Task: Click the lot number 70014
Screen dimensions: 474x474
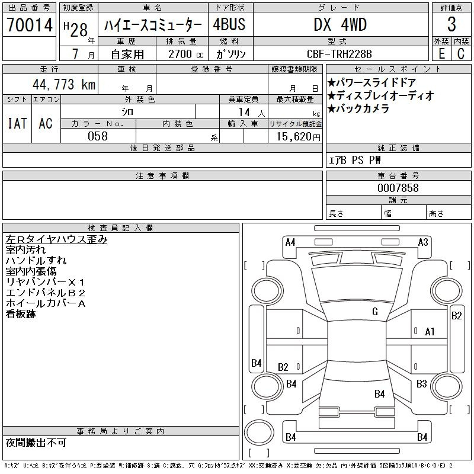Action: tap(29, 25)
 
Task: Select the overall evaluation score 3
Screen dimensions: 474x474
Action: tap(451, 25)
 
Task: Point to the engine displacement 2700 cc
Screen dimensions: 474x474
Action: tap(181, 54)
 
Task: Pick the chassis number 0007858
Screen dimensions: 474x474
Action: tap(398, 188)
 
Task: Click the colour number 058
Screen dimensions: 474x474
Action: tap(98, 136)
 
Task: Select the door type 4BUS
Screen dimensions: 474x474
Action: tap(229, 25)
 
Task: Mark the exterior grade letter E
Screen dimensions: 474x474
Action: tap(441, 54)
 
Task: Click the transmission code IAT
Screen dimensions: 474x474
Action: tap(17, 123)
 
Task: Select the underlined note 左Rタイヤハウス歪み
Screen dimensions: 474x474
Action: tap(56, 240)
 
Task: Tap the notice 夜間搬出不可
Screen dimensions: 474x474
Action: tap(36, 443)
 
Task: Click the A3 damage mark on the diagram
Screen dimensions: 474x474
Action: tap(423, 242)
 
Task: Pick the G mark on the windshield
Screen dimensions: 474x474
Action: tap(374, 312)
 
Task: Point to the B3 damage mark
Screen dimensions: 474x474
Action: tap(421, 384)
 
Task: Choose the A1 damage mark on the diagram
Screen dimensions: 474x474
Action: tap(430, 332)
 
